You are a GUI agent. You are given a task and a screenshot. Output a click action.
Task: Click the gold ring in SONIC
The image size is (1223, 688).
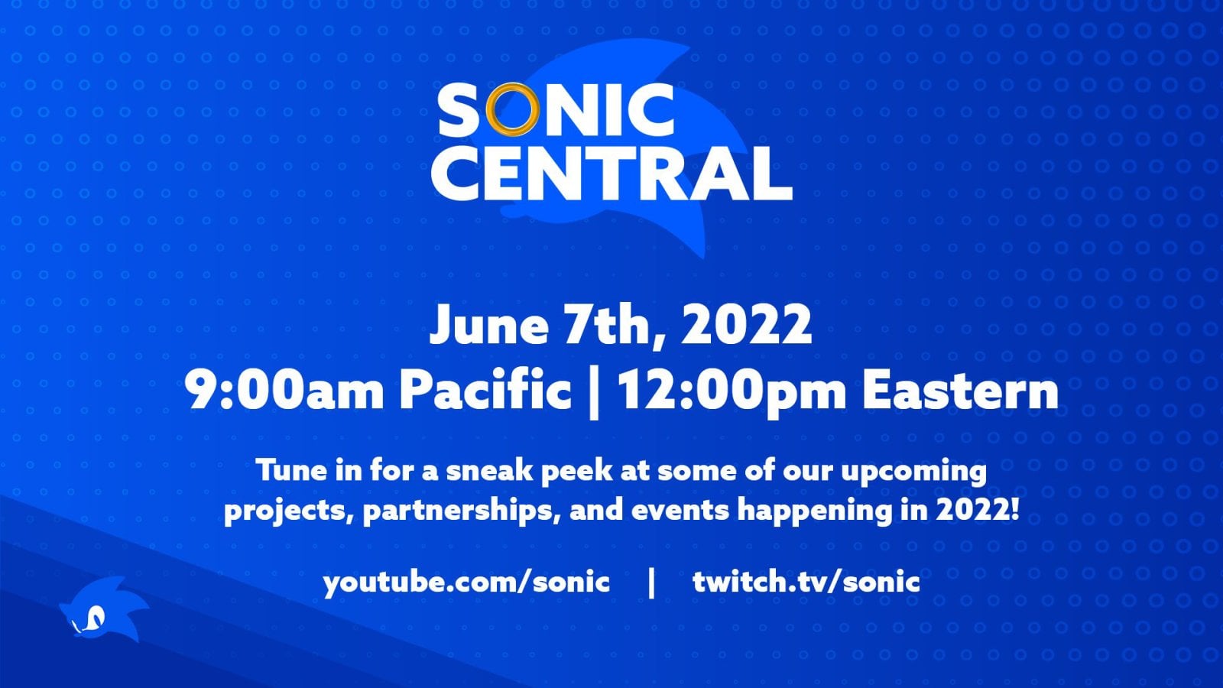[x=512, y=109]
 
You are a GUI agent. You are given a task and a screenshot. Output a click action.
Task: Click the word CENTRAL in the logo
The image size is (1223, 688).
[x=611, y=174]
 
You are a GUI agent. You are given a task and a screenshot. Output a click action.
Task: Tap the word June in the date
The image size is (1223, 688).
[x=488, y=324]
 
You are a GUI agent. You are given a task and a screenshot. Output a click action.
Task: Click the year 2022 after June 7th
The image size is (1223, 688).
[x=746, y=324]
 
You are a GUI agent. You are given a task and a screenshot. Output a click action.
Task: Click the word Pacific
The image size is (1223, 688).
[x=485, y=391]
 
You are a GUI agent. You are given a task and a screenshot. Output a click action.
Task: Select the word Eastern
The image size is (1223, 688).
[x=960, y=391]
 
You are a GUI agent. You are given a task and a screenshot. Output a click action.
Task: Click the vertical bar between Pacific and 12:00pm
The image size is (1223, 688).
[x=594, y=391]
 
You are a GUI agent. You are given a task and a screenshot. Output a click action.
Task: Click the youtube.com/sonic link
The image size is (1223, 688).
[x=466, y=583]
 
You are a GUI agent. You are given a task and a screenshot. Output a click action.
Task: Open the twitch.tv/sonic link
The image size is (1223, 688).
[x=806, y=583]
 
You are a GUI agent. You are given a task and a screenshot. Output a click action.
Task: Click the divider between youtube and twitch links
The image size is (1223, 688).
[x=651, y=583]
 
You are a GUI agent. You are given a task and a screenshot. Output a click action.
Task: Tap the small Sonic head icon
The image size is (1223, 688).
[x=98, y=612]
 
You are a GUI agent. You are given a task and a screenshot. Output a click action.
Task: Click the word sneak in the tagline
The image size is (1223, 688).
[x=489, y=470]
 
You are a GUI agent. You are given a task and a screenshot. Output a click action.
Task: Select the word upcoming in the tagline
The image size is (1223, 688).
[x=913, y=470]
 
